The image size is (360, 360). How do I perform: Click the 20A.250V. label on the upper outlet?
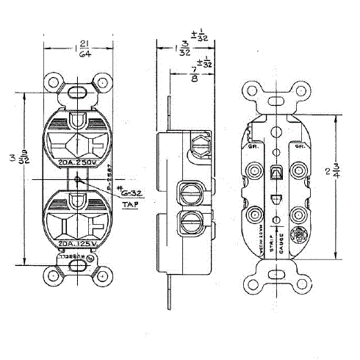76,162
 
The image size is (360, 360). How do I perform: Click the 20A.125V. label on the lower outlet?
76,241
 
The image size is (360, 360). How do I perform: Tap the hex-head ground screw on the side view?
198,144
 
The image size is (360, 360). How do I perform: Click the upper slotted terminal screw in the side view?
189,193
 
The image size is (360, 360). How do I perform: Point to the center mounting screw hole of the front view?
76,178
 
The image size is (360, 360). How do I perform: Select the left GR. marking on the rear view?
255,146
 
